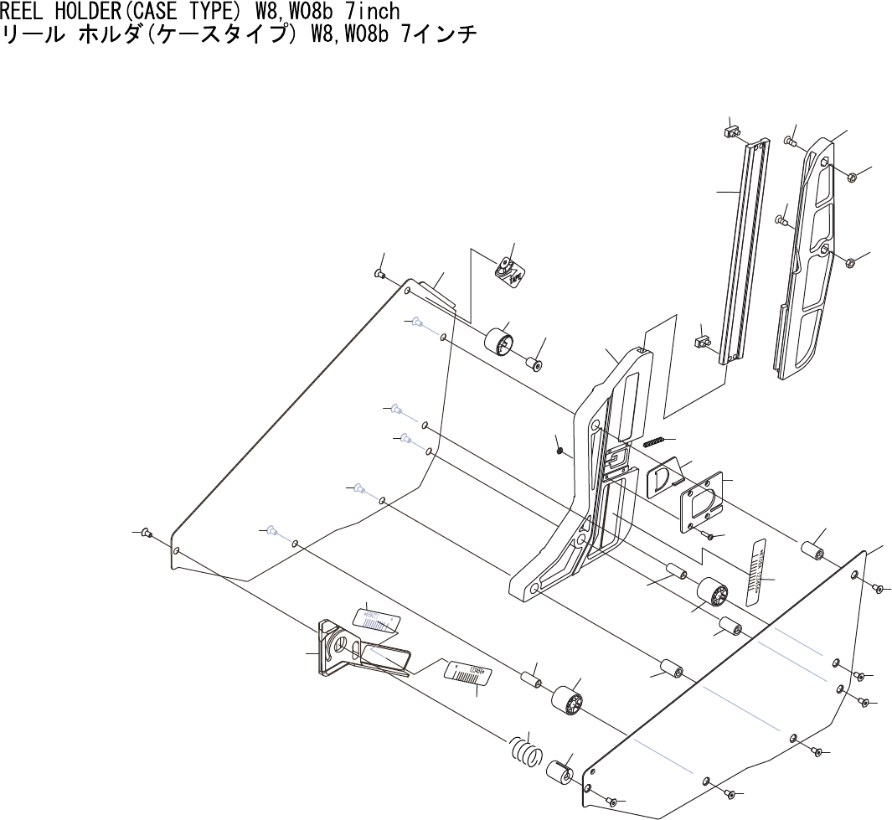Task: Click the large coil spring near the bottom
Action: pyautogui.click(x=525, y=750)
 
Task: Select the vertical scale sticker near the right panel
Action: pyautogui.click(x=757, y=570)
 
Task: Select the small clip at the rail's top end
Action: pyautogui.click(x=730, y=132)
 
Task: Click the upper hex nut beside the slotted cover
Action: pyautogui.click(x=851, y=177)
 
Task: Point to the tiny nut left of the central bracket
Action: pyautogui.click(x=559, y=450)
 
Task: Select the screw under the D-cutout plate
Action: pyautogui.click(x=709, y=535)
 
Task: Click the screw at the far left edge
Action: pyautogui.click(x=147, y=532)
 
